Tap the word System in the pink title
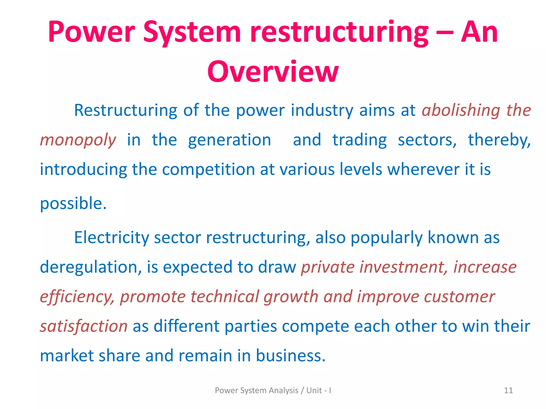pyautogui.click(x=192, y=32)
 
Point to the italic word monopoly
pyautogui.click(x=78, y=140)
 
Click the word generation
pyautogui.click(x=229, y=140)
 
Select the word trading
pyautogui.click(x=359, y=140)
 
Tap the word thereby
pyautogui.click(x=499, y=140)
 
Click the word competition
pyautogui.click(x=208, y=169)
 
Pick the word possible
pyautogui.click(x=73, y=203)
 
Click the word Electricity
pyautogui.click(x=111, y=238)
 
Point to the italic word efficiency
pyautogui.click(x=77, y=297)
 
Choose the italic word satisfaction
pyautogui.click(x=84, y=326)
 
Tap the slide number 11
pyautogui.click(x=508, y=390)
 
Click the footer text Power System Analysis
pyautogui.click(x=256, y=390)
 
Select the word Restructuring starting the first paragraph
pyautogui.click(x=125, y=110)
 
